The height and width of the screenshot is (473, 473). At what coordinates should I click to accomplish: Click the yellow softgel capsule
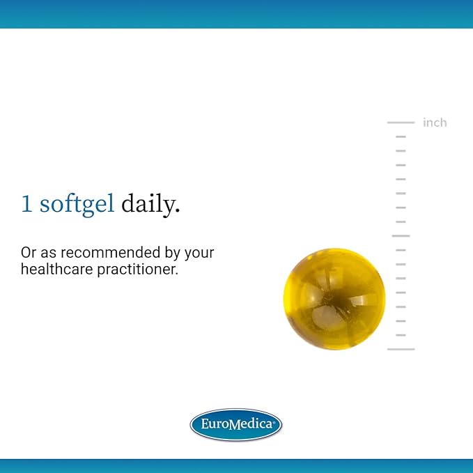[x=334, y=299]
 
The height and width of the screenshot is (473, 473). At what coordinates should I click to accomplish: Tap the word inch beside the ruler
[x=435, y=123]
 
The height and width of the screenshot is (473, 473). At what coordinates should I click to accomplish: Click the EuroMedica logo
[x=236, y=424]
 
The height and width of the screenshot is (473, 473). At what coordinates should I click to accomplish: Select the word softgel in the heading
[x=77, y=204]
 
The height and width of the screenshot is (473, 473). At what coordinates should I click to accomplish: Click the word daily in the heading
[x=150, y=204]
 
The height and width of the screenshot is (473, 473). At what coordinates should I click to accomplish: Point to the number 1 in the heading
[x=26, y=204]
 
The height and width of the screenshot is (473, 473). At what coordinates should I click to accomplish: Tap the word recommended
[x=110, y=252]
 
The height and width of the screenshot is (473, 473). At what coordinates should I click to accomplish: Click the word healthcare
[x=56, y=269]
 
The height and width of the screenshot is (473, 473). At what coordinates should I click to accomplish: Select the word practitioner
[x=138, y=270]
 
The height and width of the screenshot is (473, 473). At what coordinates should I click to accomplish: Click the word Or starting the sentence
[x=29, y=253]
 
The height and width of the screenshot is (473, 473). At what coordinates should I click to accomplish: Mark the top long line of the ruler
[x=401, y=123]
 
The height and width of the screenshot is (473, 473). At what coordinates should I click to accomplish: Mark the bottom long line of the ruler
[x=401, y=349]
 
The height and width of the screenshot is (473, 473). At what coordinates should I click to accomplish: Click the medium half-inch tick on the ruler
[x=401, y=236]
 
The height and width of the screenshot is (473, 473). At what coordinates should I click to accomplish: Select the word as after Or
[x=48, y=254]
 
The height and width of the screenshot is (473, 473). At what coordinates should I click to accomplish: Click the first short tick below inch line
[x=401, y=137]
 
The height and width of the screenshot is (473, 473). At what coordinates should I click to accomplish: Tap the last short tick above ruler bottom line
[x=401, y=335]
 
